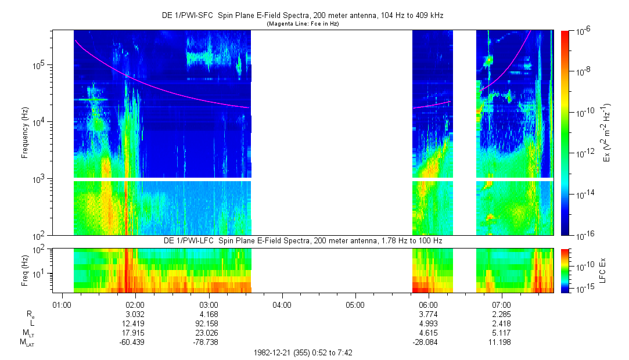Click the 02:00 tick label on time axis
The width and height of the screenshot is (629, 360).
[135, 304]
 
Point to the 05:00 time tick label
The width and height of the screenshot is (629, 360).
[355, 304]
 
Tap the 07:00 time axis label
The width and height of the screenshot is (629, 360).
[501, 304]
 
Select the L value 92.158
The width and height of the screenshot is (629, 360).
[208, 323]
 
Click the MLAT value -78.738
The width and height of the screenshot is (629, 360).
[208, 343]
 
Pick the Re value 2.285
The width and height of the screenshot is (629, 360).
[501, 314]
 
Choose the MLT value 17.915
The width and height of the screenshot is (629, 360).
[135, 333]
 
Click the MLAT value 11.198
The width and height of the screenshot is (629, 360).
[501, 343]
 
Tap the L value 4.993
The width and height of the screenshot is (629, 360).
[428, 323]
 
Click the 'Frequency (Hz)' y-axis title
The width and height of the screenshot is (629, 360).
[25, 132]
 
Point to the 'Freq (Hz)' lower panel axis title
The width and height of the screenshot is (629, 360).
[25, 271]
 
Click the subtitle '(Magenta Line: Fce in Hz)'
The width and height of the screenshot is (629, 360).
[302, 24]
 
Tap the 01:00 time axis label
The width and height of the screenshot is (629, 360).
[62, 304]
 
